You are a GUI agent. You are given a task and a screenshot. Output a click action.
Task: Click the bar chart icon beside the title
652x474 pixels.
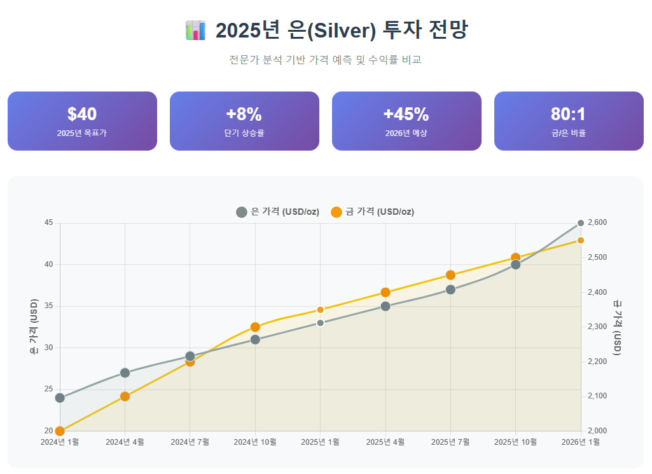195,30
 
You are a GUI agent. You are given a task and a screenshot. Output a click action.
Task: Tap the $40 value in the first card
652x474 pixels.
82,114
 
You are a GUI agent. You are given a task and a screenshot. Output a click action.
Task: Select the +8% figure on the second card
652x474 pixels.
244,114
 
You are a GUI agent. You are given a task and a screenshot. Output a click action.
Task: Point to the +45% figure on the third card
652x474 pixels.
406,114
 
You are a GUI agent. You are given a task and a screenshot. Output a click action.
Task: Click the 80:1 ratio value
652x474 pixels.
569,114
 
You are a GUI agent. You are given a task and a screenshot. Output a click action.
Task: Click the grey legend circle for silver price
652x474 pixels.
242,212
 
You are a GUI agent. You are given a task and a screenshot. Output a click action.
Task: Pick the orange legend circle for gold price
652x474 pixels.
336,212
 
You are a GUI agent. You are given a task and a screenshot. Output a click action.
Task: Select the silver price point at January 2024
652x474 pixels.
60,398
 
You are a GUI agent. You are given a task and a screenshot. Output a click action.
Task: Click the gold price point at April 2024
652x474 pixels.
125,396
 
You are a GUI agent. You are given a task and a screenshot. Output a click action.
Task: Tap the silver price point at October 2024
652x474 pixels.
255,339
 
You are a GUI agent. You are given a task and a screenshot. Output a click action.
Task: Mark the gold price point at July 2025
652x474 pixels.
450,275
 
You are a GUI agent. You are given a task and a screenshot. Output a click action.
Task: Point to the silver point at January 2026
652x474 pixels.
581,223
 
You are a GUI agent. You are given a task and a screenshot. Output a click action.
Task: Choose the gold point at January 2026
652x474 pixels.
581,241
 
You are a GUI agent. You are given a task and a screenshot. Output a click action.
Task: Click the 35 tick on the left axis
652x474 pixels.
48,306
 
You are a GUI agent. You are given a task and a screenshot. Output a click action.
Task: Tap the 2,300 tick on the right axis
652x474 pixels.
597,327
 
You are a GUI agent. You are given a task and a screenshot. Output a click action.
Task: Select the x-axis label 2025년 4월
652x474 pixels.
385,442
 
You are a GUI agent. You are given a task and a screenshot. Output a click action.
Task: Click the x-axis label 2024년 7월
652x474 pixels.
190,442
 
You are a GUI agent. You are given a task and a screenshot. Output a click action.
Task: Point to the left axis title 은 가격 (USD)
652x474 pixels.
34,327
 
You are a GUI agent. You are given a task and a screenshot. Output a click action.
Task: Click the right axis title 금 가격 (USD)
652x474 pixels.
618,328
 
